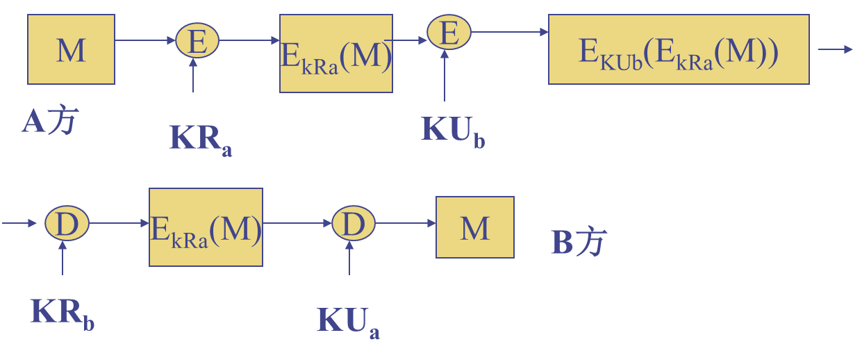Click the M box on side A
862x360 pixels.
tap(71, 50)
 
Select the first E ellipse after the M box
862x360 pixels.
tap(197, 41)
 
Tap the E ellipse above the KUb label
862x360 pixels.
tap(449, 33)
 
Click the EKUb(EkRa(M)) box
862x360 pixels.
tap(678, 50)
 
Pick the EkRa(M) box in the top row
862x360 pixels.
tap(336, 54)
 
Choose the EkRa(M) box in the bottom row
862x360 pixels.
tap(206, 227)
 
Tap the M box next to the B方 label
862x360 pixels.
tap(474, 227)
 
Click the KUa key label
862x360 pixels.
tap(348, 320)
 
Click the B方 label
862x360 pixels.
tap(578, 243)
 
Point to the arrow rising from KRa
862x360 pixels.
tap(193, 75)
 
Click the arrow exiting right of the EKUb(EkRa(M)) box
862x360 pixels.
tap(835, 49)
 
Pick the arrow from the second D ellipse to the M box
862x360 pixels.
tap(405, 223)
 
